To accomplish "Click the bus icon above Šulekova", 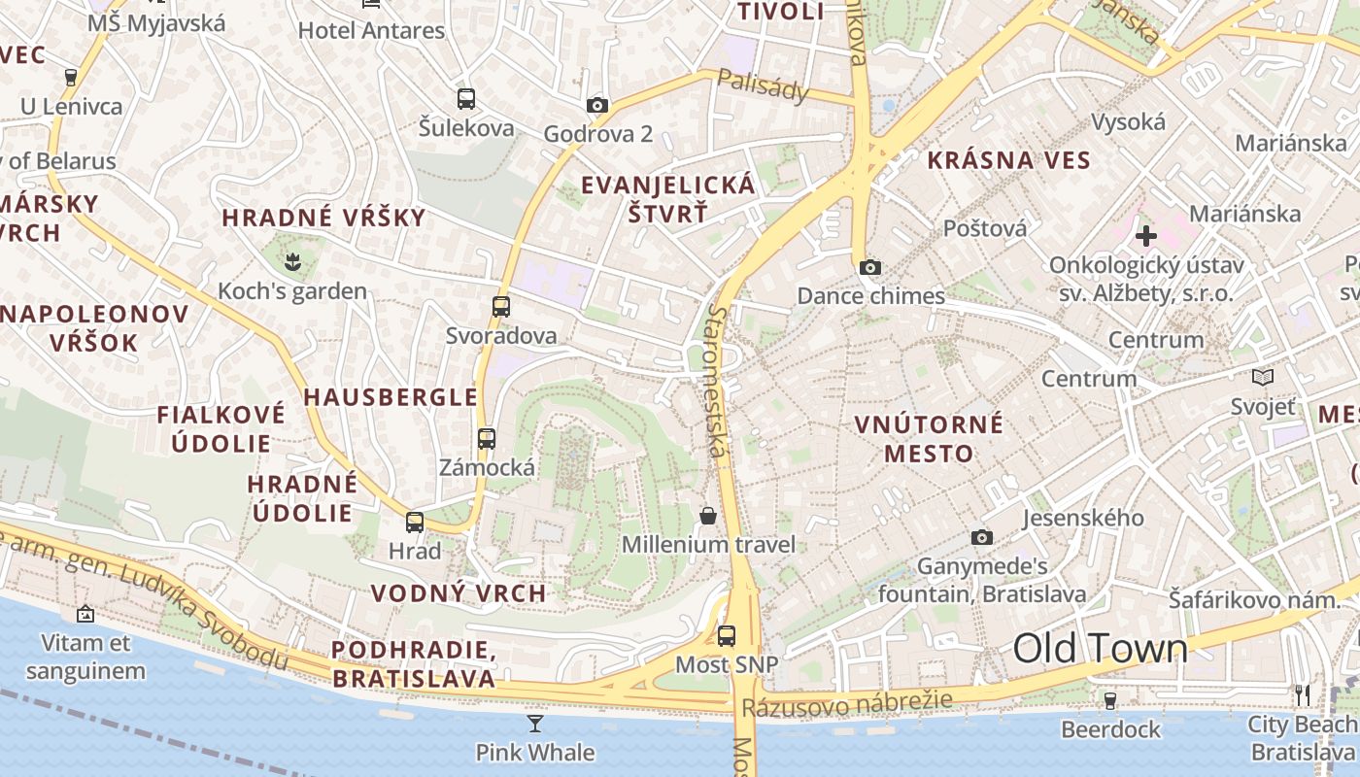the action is (466, 98).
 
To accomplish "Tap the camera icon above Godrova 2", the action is (597, 105).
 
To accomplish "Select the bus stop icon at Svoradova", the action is (501, 307).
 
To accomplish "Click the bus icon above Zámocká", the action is (487, 438).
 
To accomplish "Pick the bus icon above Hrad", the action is (415, 523).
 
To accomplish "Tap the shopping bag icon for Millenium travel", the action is (708, 515).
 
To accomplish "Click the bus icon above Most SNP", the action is (727, 636).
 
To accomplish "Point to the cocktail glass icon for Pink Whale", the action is (535, 723).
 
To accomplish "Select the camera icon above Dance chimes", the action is (870, 267).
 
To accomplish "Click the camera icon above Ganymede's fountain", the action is (982, 537).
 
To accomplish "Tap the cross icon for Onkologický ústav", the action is (1146, 235).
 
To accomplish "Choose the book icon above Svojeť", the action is (1263, 377).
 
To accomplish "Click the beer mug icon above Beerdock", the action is (1110, 699).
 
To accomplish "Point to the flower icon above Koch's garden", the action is (291, 260).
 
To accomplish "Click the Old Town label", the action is (1101, 649).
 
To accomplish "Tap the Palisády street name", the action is (764, 85).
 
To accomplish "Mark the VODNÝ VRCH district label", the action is (459, 593).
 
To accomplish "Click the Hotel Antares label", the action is (371, 30).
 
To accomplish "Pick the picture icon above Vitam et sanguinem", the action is (85, 614).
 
